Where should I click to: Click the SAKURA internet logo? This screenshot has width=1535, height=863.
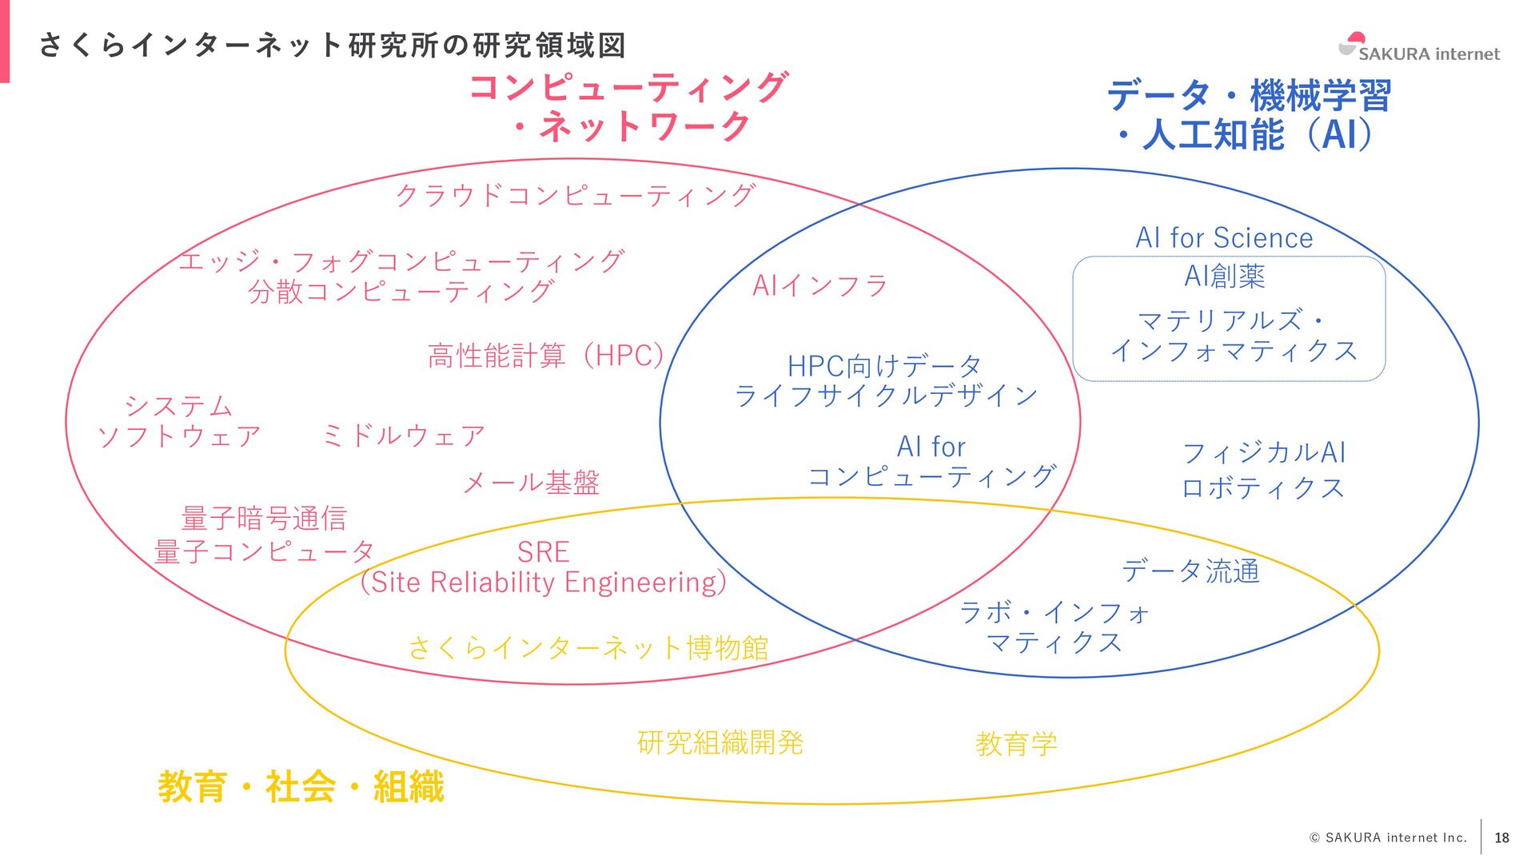1419,48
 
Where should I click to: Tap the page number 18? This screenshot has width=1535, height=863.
1501,837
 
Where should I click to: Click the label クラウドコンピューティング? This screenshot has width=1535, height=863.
575,194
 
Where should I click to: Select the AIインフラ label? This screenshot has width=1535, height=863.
820,285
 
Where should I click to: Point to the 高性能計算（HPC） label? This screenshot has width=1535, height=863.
546,356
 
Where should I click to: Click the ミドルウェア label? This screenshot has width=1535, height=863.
404,435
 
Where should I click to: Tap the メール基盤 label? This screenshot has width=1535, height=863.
531,482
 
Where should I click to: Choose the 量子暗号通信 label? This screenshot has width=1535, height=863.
264,518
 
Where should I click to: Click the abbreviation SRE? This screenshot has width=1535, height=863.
543,552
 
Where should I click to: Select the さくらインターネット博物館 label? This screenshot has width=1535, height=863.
588,647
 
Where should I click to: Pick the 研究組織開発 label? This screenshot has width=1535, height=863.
720,742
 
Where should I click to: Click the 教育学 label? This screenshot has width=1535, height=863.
1016,744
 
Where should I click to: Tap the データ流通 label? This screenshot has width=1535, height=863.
1190,571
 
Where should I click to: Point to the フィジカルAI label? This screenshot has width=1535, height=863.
1264,452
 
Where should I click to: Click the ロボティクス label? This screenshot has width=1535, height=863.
1263,487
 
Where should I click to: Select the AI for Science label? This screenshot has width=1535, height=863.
1224,238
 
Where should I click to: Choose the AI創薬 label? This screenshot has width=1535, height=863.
1224,276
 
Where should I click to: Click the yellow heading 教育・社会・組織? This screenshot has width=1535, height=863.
301,786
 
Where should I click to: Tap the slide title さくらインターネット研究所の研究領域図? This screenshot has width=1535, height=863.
332,46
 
